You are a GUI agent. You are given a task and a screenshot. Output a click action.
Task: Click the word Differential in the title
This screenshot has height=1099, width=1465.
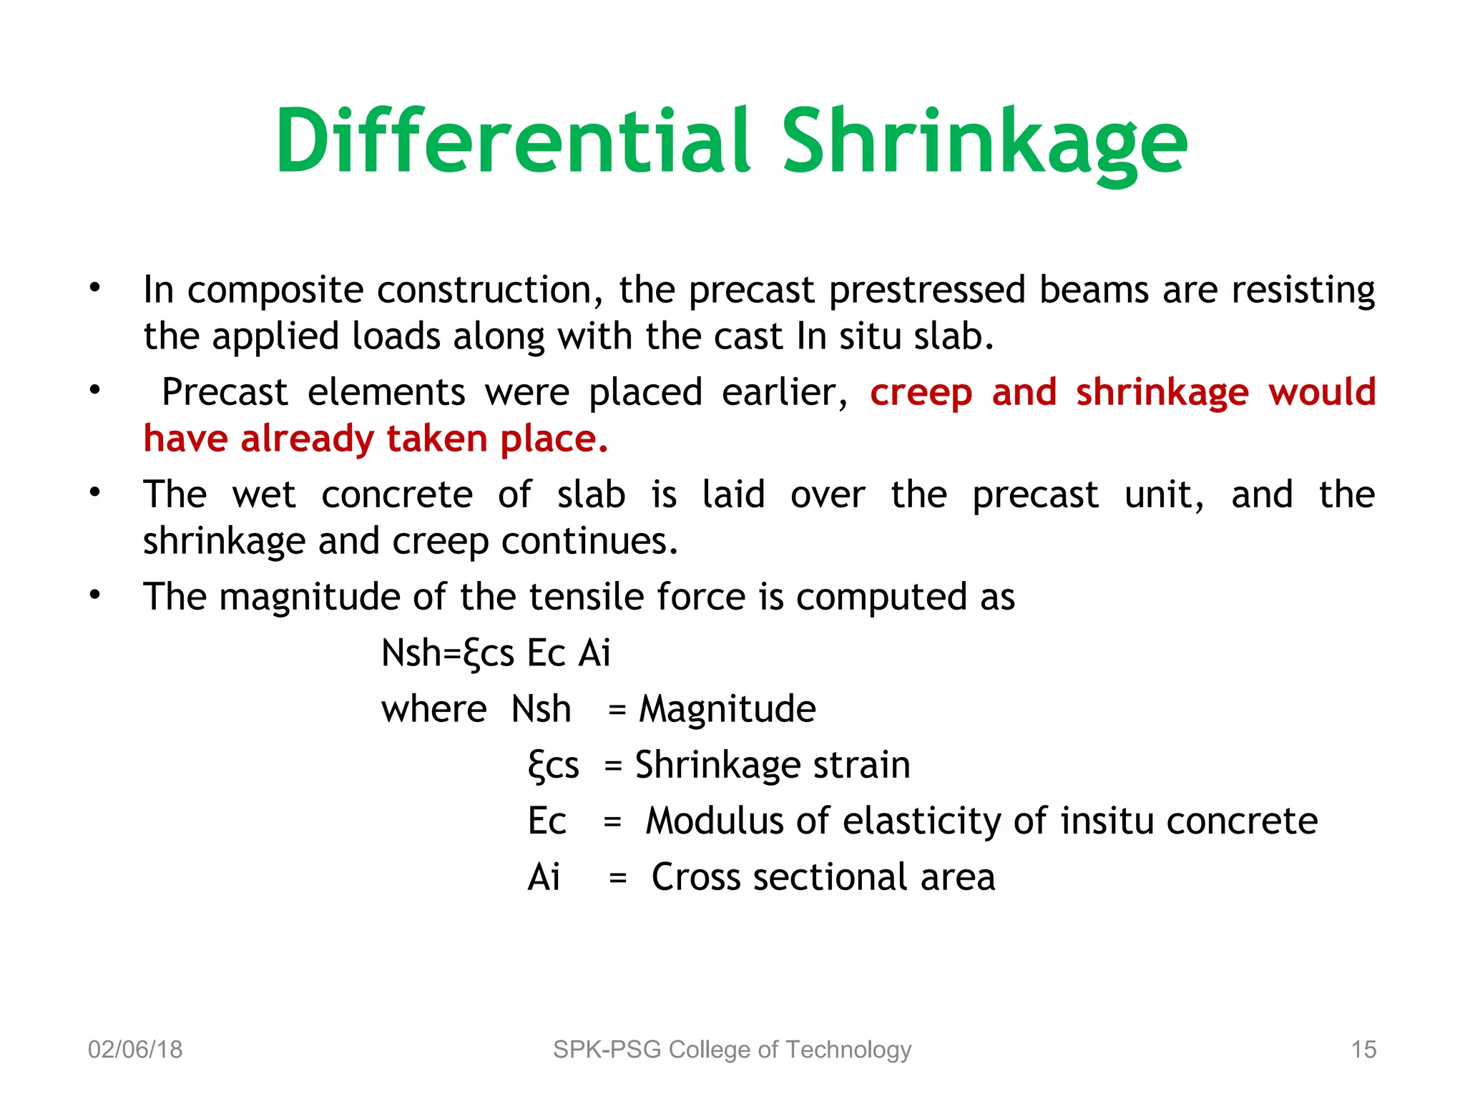(x=513, y=141)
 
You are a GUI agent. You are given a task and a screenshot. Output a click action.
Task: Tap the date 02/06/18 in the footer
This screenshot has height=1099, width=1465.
(x=135, y=1049)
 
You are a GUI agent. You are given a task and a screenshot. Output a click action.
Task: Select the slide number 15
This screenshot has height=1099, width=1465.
(x=1363, y=1049)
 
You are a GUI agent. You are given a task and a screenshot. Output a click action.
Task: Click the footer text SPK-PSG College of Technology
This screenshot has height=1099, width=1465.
(x=732, y=1049)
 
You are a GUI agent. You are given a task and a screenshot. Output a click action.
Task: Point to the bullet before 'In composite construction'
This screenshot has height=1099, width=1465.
(x=95, y=289)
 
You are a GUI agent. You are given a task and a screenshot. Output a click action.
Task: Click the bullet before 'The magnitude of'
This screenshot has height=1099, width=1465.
(x=95, y=595)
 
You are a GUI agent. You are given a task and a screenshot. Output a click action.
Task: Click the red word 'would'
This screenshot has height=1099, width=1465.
(x=1322, y=392)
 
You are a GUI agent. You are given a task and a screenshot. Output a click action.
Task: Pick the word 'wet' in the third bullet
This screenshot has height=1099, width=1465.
(x=263, y=495)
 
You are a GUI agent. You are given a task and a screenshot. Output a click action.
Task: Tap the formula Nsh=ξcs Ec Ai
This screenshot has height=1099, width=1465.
(x=496, y=653)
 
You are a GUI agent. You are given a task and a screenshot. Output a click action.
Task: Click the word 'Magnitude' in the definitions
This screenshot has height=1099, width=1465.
(x=727, y=710)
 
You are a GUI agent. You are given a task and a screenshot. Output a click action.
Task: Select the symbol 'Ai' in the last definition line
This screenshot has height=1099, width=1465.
(x=544, y=877)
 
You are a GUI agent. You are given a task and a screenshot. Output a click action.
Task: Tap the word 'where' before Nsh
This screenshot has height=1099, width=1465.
(x=433, y=710)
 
